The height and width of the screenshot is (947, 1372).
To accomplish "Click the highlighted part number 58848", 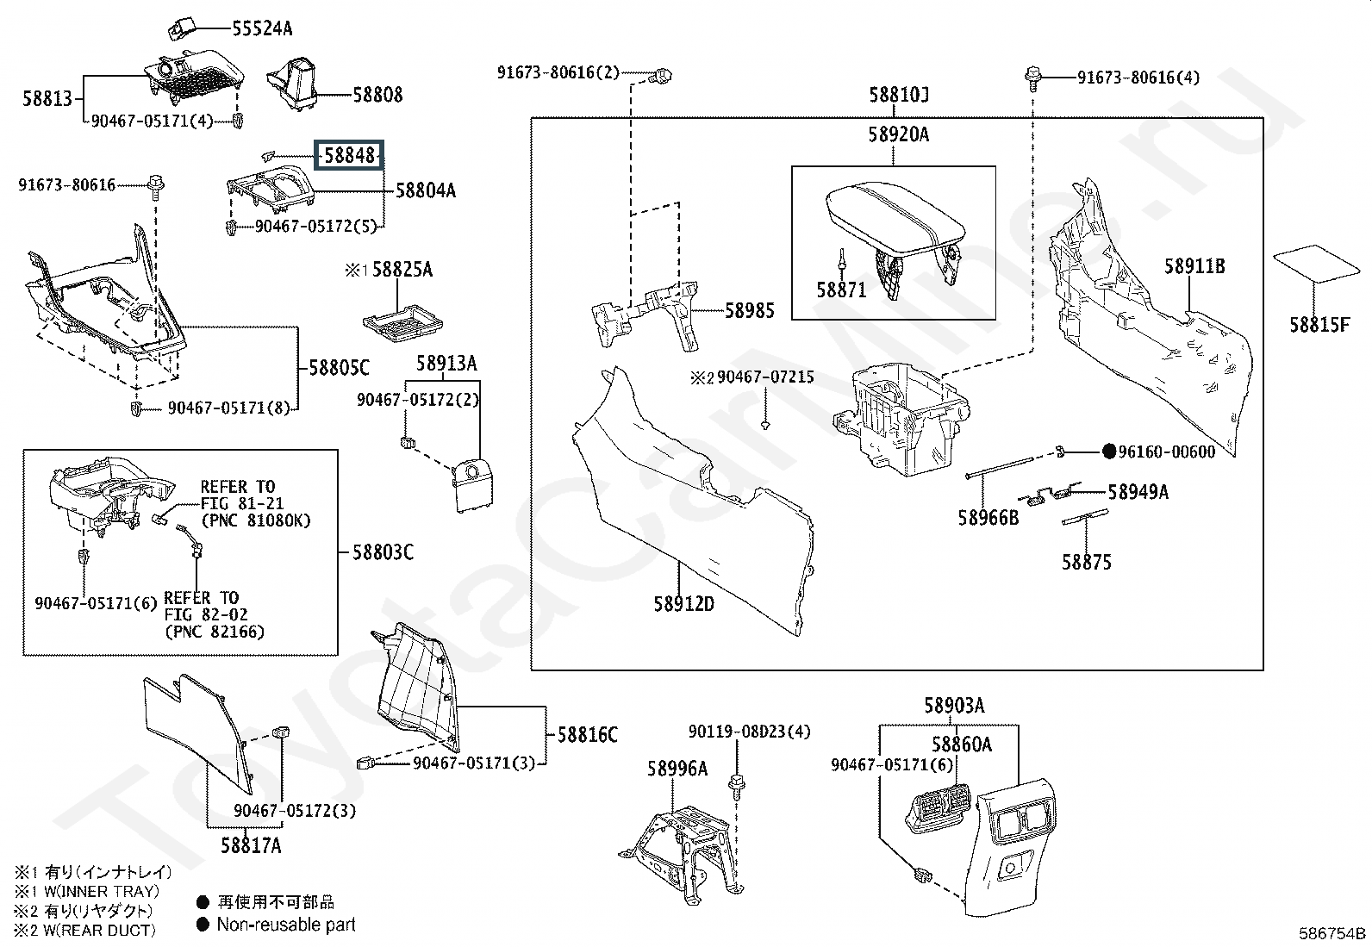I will (x=349, y=156).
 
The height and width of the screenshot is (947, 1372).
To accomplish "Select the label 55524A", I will (x=262, y=28).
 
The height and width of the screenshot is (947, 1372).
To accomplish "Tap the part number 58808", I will (x=377, y=95).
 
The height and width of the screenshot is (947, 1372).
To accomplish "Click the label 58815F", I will (x=1319, y=325).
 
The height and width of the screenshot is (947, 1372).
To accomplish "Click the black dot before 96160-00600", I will (x=1110, y=452).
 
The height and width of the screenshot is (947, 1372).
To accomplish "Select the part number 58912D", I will (x=683, y=604).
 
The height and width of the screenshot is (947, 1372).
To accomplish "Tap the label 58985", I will (x=749, y=311).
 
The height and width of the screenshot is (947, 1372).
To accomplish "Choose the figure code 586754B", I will (x=1332, y=933).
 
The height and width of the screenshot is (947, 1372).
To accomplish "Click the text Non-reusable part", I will (x=286, y=925).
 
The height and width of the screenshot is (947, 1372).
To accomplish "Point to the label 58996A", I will (x=677, y=769).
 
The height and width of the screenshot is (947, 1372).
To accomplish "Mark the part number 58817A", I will (x=251, y=845).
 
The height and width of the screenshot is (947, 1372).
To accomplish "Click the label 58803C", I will (x=383, y=551).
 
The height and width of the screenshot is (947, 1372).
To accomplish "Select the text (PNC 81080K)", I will (x=255, y=520).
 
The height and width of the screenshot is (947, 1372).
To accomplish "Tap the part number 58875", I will (x=1086, y=563).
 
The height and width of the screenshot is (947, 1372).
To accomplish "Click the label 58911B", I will (x=1194, y=266).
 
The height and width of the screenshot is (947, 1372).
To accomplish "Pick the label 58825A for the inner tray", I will (x=402, y=271).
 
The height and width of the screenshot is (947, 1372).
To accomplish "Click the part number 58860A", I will (x=961, y=744).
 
